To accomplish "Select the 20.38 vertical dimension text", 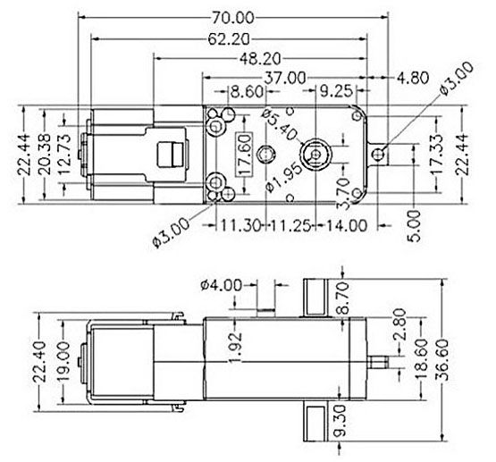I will pyautogui.click(x=49, y=153).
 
